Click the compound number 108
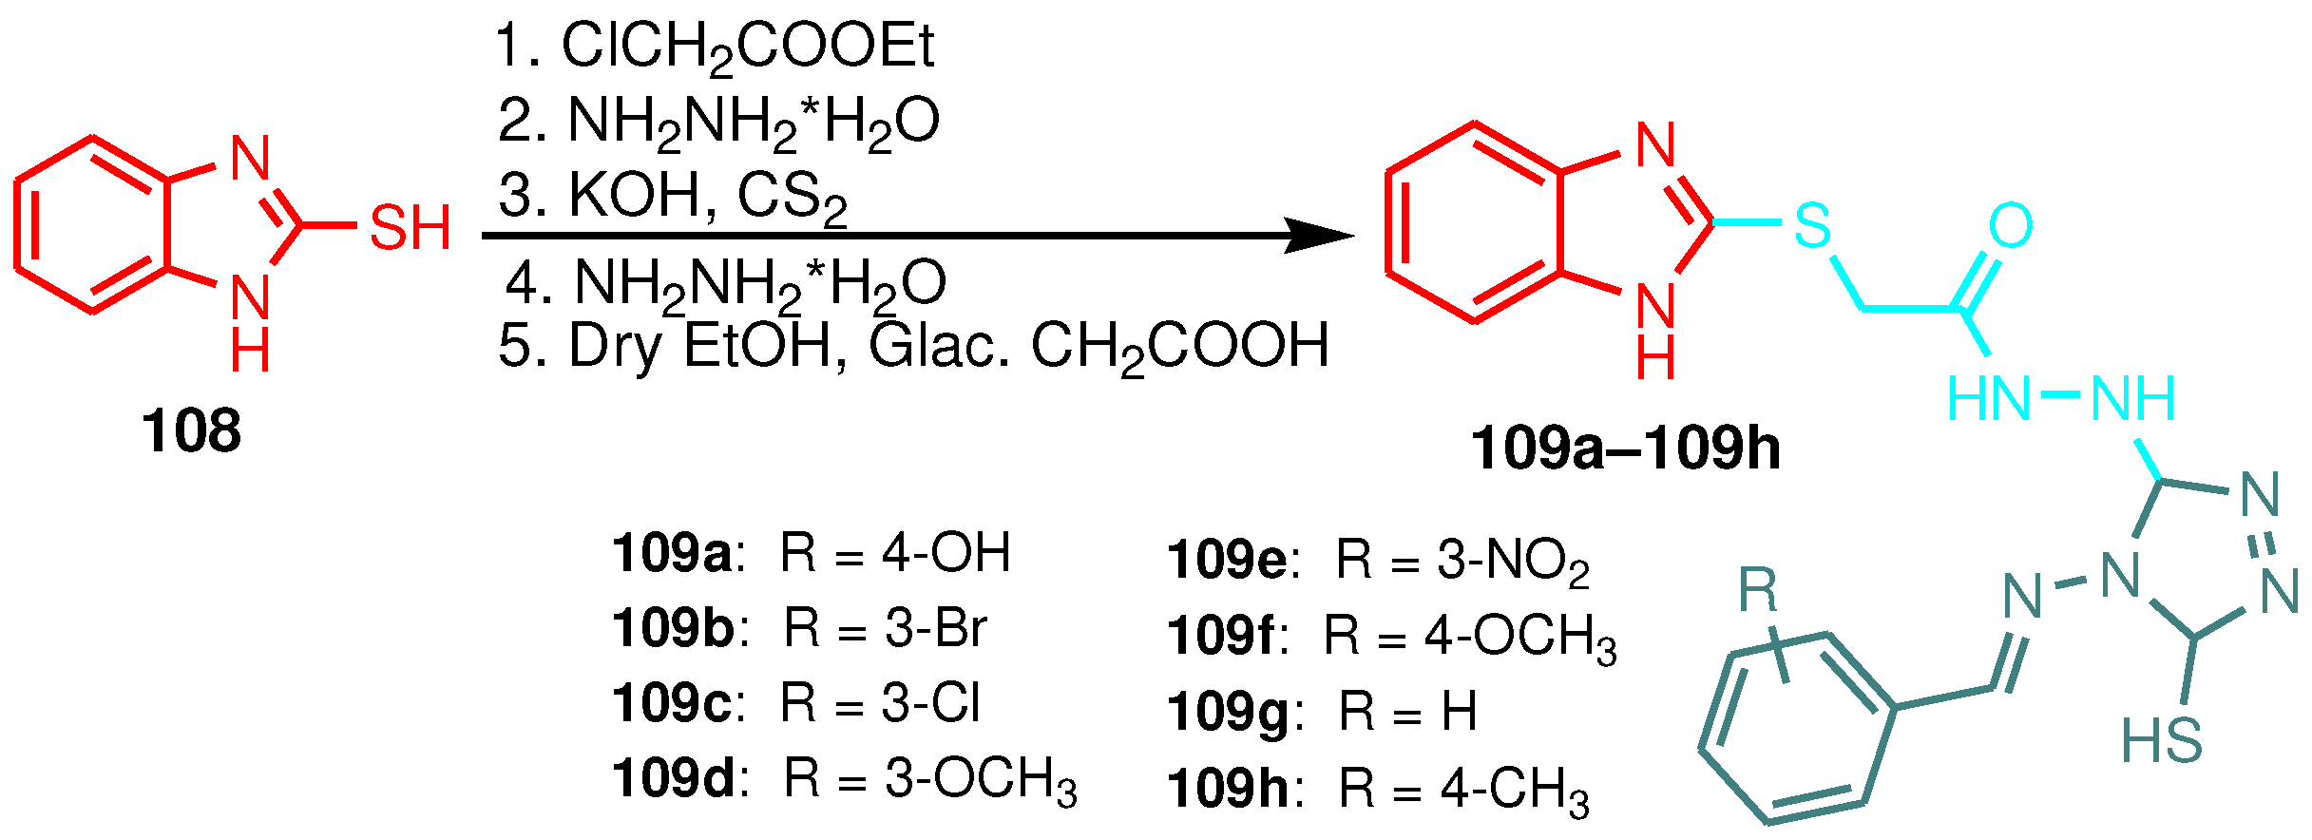click(x=191, y=430)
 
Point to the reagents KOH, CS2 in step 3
click(x=707, y=197)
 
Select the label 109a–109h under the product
click(x=1625, y=448)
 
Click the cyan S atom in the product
click(x=1812, y=225)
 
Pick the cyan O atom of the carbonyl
click(x=2010, y=225)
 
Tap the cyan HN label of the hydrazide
click(x=1989, y=398)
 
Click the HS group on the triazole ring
click(x=2162, y=740)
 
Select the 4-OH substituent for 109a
click(x=946, y=553)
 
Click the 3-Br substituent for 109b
click(x=936, y=628)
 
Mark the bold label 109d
click(x=673, y=779)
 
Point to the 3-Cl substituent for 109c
click(x=930, y=704)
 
